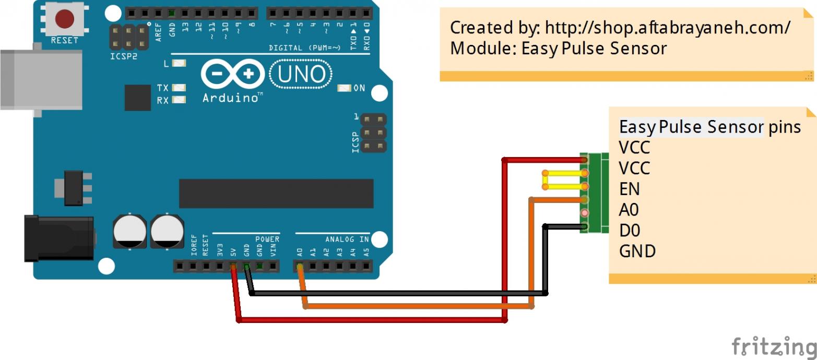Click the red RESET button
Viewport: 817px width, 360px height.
(64, 19)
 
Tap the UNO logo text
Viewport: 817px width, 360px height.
(301, 75)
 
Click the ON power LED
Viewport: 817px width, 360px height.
(344, 88)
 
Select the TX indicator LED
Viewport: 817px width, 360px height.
(179, 88)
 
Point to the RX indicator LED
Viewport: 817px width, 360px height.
(179, 100)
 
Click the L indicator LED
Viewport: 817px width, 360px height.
(179, 64)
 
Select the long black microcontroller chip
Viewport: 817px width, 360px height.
(276, 193)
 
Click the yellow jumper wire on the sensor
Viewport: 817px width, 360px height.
(564, 179)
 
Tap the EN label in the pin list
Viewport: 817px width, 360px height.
(629, 188)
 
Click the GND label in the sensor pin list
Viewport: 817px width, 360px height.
(637, 251)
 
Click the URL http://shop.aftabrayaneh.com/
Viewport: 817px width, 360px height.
(667, 28)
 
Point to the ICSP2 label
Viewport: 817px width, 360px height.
(124, 55)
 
